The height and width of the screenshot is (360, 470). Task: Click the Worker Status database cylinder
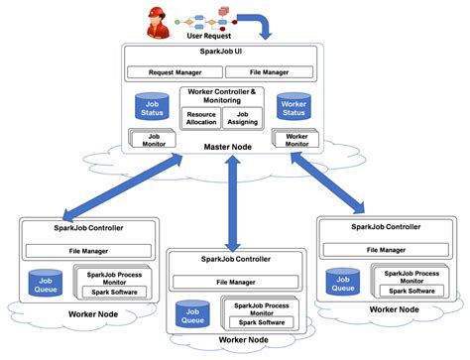[294, 106]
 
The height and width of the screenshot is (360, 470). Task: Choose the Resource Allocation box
[201, 119]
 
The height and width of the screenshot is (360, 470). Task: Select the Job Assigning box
[244, 119]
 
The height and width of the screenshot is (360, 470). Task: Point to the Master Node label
[229, 149]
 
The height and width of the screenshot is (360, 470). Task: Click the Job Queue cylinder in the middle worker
[192, 315]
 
